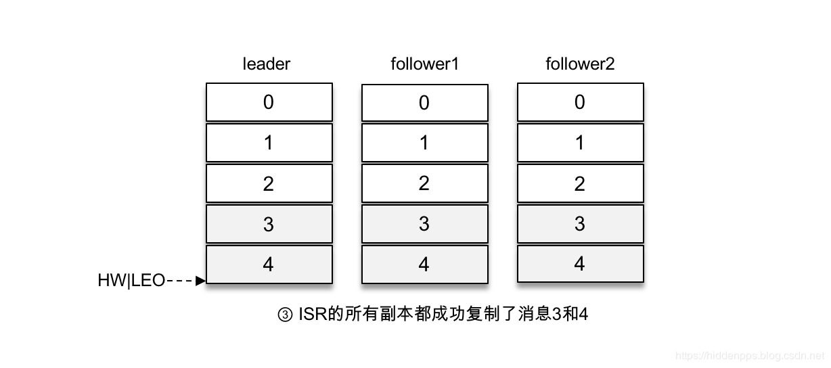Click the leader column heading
[x=267, y=64]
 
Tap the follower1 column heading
[x=425, y=64]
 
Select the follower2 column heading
[x=580, y=64]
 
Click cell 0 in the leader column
[x=269, y=102]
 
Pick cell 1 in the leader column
[x=269, y=143]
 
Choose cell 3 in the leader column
[x=269, y=224]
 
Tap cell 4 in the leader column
[x=269, y=264]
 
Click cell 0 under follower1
[x=424, y=103]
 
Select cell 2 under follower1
[x=424, y=183]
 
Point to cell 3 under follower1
[x=424, y=224]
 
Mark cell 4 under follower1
[x=424, y=264]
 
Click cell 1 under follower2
[x=580, y=143]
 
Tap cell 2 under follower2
[x=580, y=183]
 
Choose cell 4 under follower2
[x=580, y=264]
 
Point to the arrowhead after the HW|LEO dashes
[x=200, y=281]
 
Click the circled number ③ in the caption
[x=285, y=315]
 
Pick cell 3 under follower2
[x=580, y=224]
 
